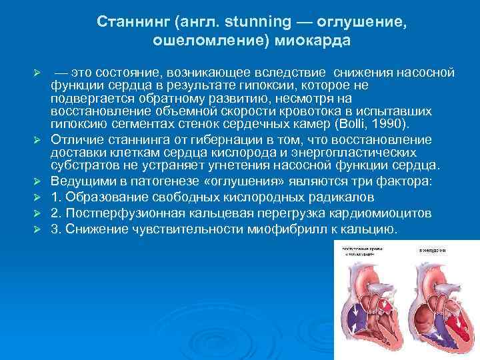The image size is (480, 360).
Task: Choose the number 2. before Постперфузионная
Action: [x=56, y=213]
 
